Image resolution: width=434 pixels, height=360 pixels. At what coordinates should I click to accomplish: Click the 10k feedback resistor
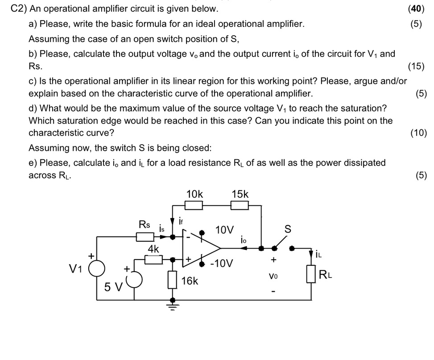click(x=194, y=205)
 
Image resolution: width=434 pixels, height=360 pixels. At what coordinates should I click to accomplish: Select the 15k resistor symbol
click(x=240, y=205)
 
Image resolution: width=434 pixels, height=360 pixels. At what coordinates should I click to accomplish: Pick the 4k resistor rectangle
click(x=153, y=259)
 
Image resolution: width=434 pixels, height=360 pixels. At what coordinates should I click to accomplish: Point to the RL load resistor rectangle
click(x=311, y=273)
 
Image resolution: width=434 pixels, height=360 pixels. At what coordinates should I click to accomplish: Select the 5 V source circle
click(x=133, y=280)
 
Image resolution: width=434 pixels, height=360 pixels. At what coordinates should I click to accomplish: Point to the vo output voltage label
click(x=273, y=276)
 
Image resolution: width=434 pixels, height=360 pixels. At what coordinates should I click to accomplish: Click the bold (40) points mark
click(x=418, y=8)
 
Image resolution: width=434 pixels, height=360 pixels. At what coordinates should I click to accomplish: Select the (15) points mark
click(x=416, y=66)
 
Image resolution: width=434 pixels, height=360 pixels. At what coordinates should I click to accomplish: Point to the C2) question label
click(x=18, y=8)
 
